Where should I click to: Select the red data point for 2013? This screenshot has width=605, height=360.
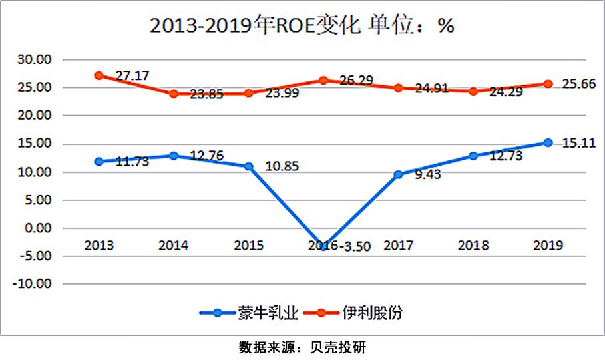point(99,75)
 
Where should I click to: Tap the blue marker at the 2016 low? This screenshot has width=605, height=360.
point(324,246)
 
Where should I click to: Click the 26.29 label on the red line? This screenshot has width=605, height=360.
point(358,81)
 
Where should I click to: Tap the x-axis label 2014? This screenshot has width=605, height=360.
point(173,246)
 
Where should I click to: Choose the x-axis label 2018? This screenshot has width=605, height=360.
point(473,246)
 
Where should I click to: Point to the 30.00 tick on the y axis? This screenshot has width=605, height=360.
point(34,59)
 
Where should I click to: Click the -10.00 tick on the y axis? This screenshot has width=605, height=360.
point(32,284)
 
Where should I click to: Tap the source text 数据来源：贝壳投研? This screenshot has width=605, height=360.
point(302,347)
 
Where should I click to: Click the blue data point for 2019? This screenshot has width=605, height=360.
point(548,142)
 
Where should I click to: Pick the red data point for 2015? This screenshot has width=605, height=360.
point(249,93)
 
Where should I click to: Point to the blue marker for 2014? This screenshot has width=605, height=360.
point(174,156)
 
